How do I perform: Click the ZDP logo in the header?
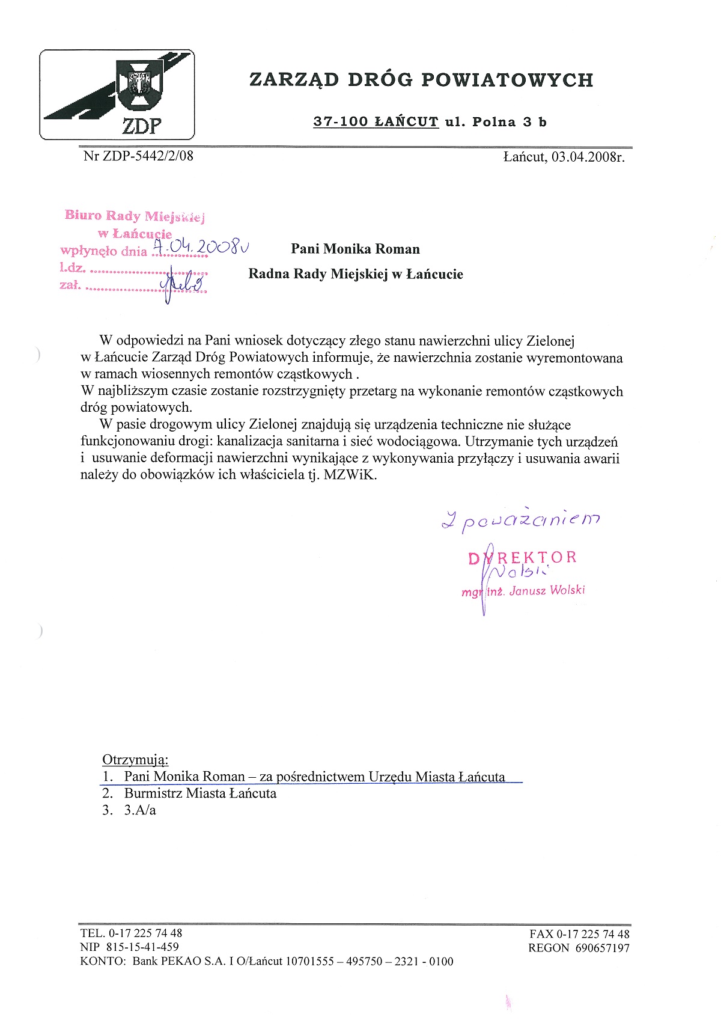pyautogui.click(x=117, y=94)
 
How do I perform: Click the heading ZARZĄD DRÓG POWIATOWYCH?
pyautogui.click(x=421, y=79)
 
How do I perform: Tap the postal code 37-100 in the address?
pyautogui.click(x=340, y=122)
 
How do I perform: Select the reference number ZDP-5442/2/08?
pyautogui.click(x=148, y=156)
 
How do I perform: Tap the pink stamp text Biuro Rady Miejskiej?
pyautogui.click(x=135, y=216)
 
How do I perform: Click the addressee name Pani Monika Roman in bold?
pyautogui.click(x=355, y=249)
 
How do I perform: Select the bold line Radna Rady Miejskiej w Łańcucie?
pyautogui.click(x=356, y=274)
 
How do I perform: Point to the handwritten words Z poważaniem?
pyautogui.click(x=520, y=521)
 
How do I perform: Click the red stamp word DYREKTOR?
pyautogui.click(x=522, y=557)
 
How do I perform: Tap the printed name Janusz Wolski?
pyautogui.click(x=547, y=590)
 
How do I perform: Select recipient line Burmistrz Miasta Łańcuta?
pyautogui.click(x=200, y=793)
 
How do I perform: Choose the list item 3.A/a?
pyautogui.click(x=140, y=810)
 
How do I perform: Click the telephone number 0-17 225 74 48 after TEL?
pyautogui.click(x=145, y=933)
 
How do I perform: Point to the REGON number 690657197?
pyautogui.click(x=602, y=948)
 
